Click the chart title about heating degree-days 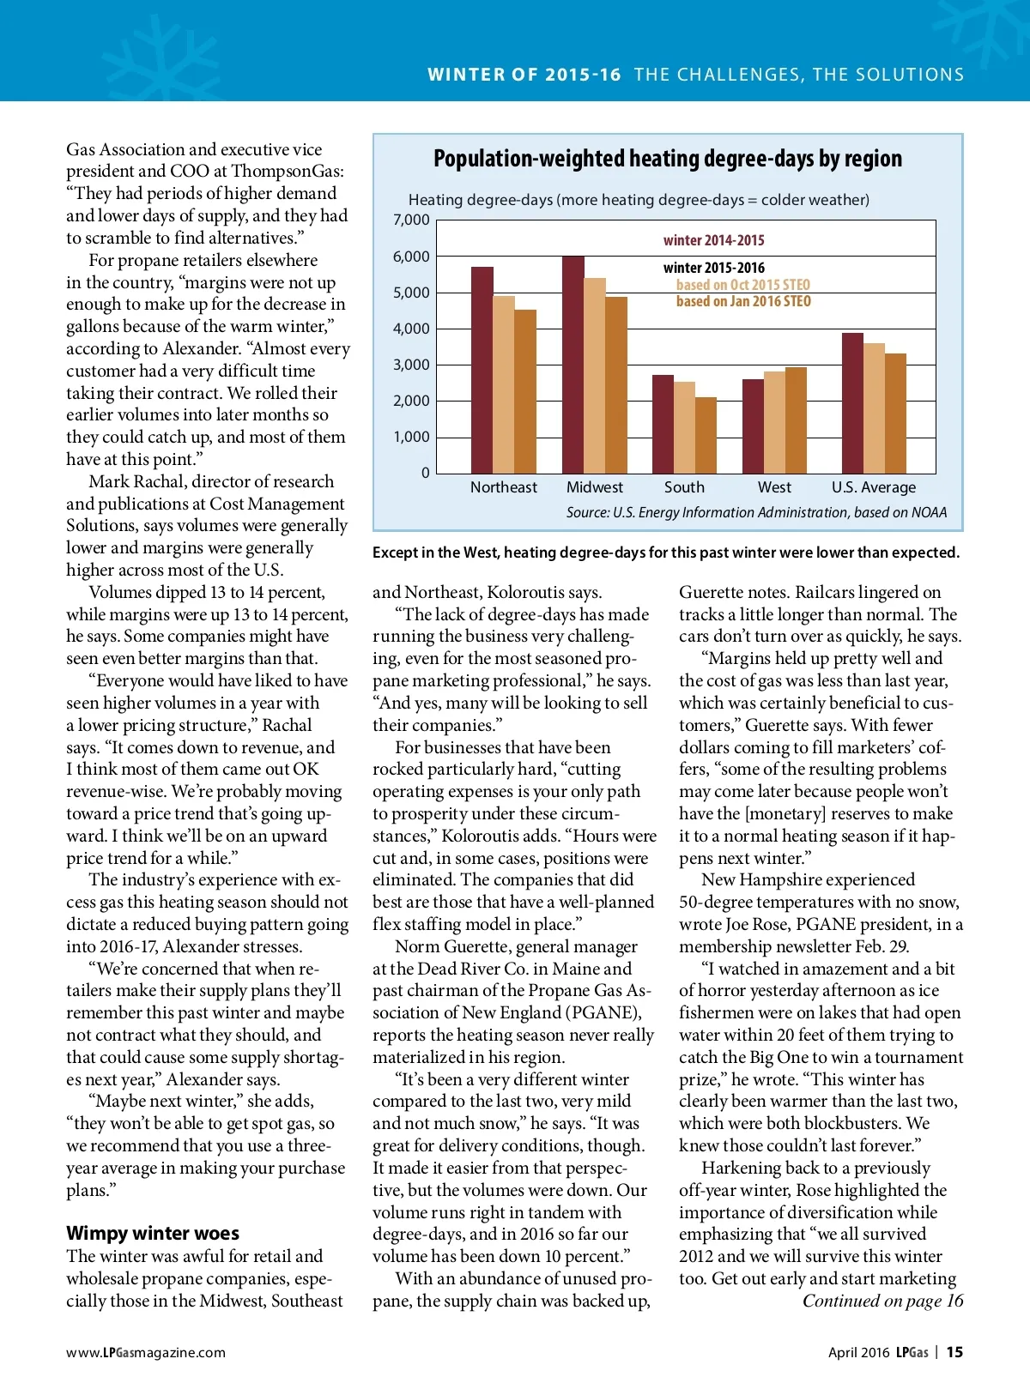coord(668,159)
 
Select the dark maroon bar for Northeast coord(482,370)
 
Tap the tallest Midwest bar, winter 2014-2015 coord(573,365)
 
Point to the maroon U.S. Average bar coord(852,403)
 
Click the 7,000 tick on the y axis coord(411,220)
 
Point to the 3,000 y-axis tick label coord(411,365)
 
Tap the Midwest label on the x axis coord(595,487)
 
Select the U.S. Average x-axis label coord(874,487)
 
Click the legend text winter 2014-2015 coord(713,240)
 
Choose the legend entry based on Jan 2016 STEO coord(743,301)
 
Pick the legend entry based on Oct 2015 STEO coord(742,285)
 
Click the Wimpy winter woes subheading coord(153,1233)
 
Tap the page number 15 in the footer coord(954,1352)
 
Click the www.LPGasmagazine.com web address coord(146,1352)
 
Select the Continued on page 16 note coord(882,1301)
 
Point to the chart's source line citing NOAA coord(756,512)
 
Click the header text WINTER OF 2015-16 coord(524,75)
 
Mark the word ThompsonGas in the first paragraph coord(287,171)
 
